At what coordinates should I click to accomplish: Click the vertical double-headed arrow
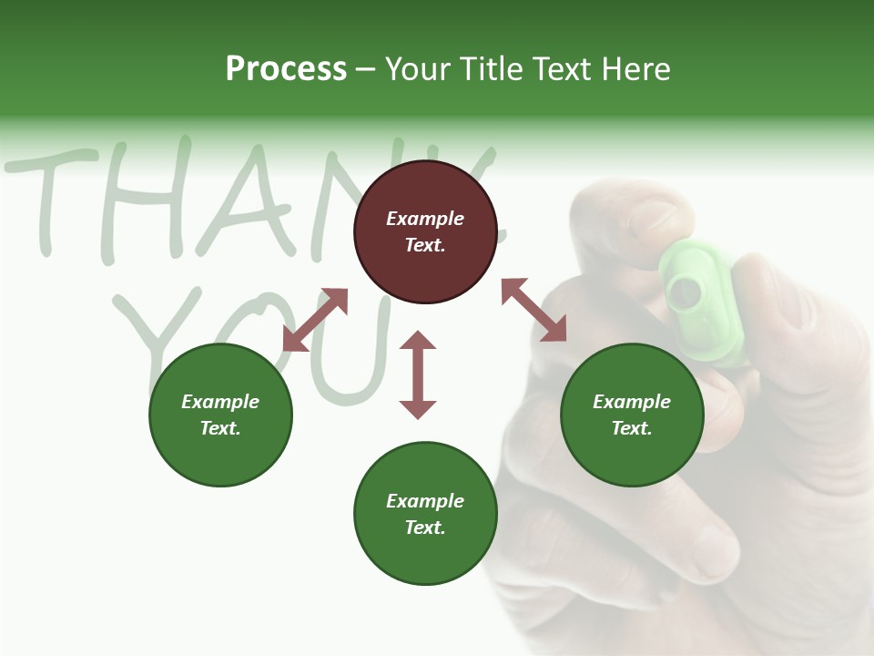(x=418, y=375)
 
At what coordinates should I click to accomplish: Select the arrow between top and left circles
(x=315, y=320)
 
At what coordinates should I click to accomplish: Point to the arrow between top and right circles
(x=534, y=310)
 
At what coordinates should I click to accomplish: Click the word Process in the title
(x=286, y=69)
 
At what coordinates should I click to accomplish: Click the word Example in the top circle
(x=425, y=219)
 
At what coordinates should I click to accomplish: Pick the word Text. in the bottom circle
(x=425, y=528)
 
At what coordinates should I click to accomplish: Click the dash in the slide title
(x=366, y=70)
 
